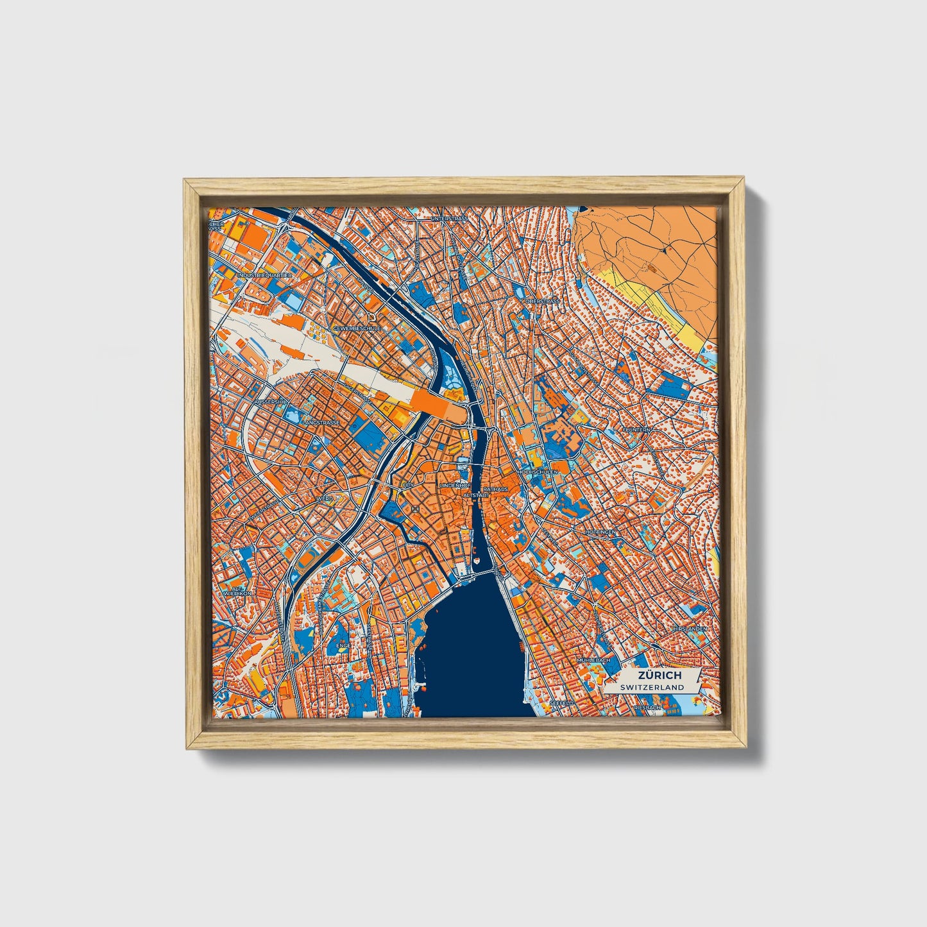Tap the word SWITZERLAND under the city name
click(x=652, y=687)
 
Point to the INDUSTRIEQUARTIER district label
click(x=264, y=275)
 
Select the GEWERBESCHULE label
click(x=357, y=328)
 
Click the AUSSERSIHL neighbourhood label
click(x=273, y=402)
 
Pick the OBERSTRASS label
click(x=542, y=301)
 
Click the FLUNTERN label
click(x=637, y=429)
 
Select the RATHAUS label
click(x=495, y=488)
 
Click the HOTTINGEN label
click(x=601, y=532)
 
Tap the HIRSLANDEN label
click(x=690, y=629)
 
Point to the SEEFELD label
click(x=561, y=703)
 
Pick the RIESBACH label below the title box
click(x=647, y=708)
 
